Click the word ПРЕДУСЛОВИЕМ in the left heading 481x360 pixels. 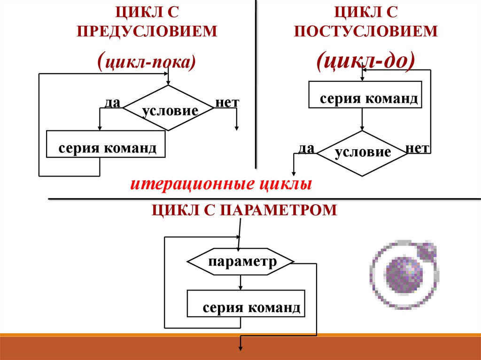(148, 31)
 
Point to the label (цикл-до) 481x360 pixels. (365, 61)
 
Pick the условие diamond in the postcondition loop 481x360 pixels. (362, 153)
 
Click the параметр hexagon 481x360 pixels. (240, 261)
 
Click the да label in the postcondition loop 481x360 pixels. (306, 149)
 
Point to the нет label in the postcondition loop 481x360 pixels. (418, 148)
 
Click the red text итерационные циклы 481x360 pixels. (221, 184)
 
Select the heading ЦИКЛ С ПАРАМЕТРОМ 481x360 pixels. (244, 209)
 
